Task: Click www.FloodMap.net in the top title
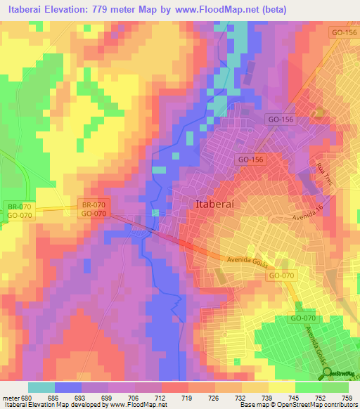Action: click(x=221, y=8)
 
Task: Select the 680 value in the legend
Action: click(x=27, y=397)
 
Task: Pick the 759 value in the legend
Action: click(x=347, y=397)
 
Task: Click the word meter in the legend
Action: click(x=10, y=397)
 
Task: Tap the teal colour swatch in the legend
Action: click(x=41, y=387)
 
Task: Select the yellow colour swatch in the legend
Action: click(x=281, y=387)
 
